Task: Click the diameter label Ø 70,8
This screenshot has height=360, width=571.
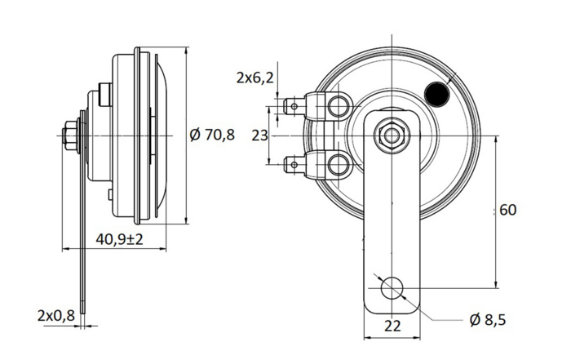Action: click(x=211, y=135)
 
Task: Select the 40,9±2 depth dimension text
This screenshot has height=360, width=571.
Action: click(x=119, y=240)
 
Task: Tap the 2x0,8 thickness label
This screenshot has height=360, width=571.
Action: click(x=56, y=314)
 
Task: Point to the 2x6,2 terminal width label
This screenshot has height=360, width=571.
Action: click(x=254, y=78)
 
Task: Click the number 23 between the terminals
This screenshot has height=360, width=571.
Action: click(x=259, y=135)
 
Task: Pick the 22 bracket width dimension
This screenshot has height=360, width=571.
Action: click(x=392, y=326)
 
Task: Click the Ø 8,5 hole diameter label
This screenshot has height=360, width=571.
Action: click(x=488, y=320)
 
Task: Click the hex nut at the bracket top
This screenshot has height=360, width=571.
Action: click(x=392, y=134)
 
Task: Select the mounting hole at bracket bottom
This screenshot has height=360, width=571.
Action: click(x=392, y=288)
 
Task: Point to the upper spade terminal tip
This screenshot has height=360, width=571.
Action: click(x=290, y=104)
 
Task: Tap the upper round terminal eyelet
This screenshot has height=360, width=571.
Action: click(x=337, y=104)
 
